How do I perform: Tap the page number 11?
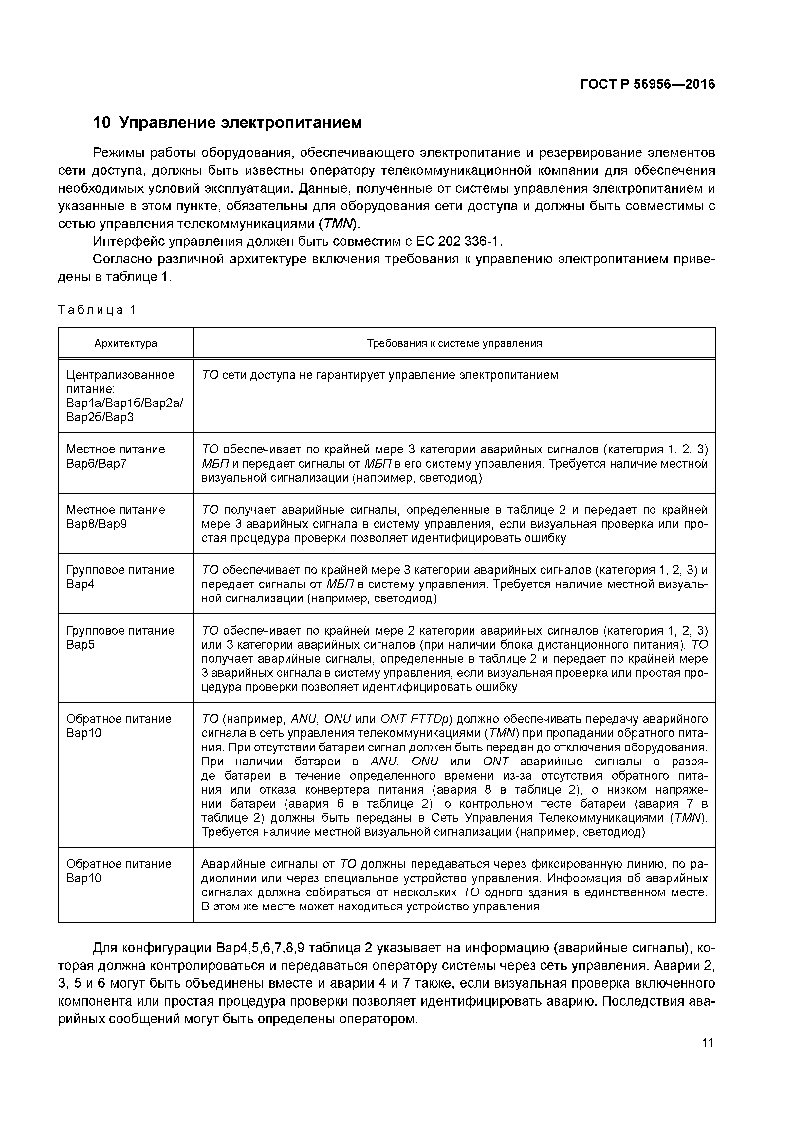point(707,1043)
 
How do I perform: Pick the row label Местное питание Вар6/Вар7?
point(116,456)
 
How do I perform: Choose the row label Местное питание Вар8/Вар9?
point(116,516)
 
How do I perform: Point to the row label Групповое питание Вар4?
point(120,577)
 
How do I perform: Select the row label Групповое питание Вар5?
point(120,637)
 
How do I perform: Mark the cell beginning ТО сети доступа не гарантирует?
point(379,375)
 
